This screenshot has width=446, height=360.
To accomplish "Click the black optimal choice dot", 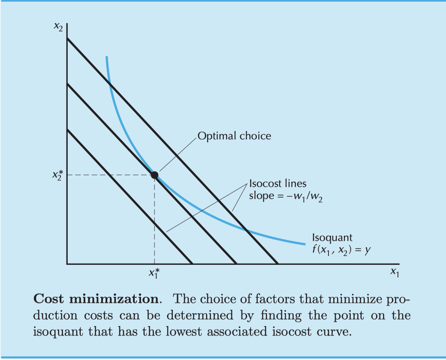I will [x=154, y=175].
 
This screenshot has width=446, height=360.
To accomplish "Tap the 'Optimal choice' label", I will [x=234, y=136].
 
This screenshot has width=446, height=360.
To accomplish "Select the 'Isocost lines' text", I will [x=277, y=183].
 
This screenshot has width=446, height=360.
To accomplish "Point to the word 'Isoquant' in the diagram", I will [x=332, y=237].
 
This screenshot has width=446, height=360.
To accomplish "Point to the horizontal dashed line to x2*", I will [x=107, y=175].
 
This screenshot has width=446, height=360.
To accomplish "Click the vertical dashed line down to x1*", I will [x=154, y=223].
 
